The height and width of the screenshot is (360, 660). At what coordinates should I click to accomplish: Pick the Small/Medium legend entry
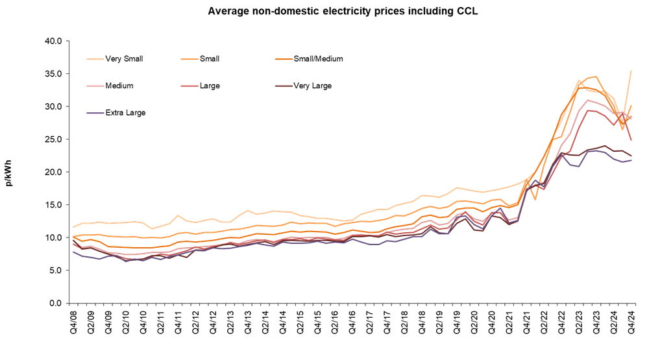point(318,59)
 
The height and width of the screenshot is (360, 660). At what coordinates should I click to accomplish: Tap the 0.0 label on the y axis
point(55,303)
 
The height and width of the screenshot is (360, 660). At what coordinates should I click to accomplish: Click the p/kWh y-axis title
point(10,172)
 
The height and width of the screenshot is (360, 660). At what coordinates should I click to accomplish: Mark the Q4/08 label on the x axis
point(73,322)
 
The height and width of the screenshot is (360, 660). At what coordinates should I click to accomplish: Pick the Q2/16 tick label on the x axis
point(335,322)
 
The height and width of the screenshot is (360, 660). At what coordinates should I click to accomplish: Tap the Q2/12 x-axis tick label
point(195,322)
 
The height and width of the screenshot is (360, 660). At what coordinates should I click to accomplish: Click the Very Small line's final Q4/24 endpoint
point(631,71)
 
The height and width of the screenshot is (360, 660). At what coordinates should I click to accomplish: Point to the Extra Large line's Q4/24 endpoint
point(631,160)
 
